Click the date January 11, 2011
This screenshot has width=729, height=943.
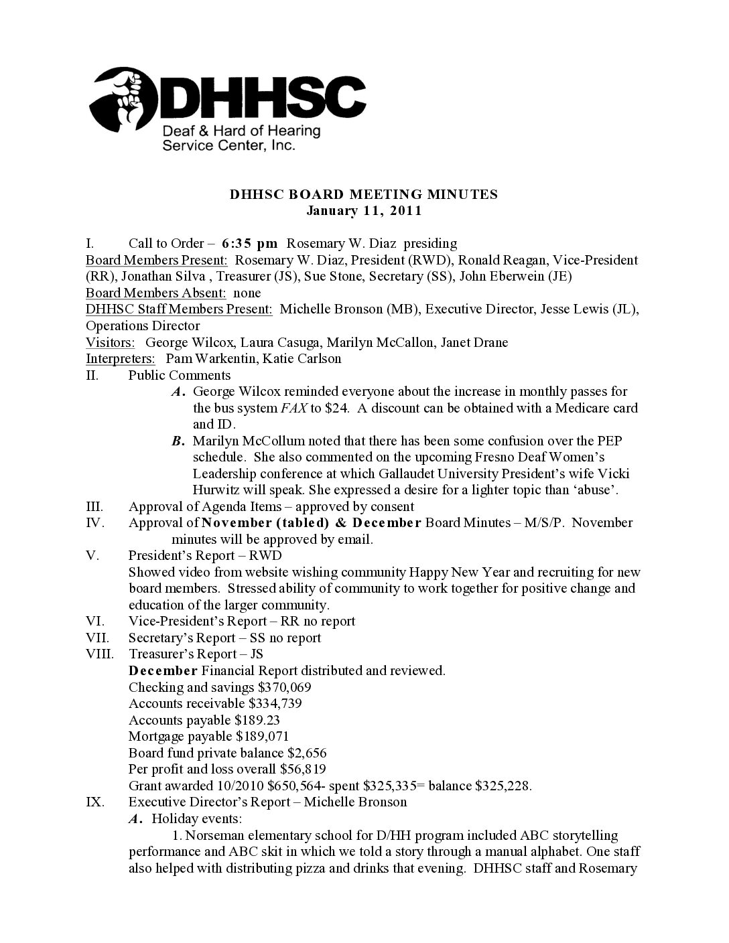coord(364,211)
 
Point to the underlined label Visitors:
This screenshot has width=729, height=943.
coord(110,342)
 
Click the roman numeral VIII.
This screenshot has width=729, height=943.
coord(101,654)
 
